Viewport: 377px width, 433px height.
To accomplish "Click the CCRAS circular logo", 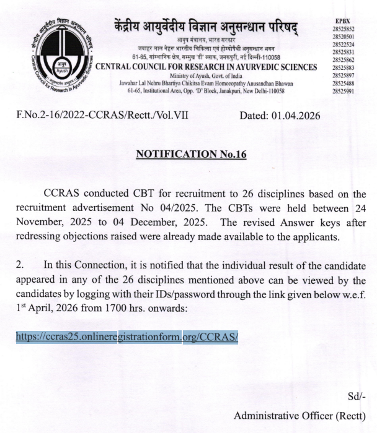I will coord(59,54).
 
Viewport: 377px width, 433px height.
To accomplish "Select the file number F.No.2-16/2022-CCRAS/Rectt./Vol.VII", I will coord(102,116).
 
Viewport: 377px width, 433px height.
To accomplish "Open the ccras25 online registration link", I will coord(127,337).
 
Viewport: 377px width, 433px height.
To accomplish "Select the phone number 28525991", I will coord(344,90).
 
